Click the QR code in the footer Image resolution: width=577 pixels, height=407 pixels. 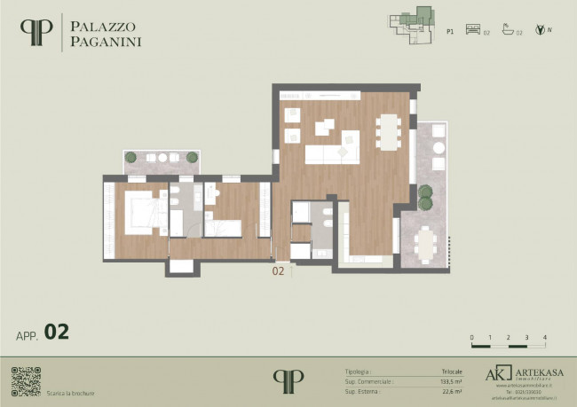(x=26, y=380)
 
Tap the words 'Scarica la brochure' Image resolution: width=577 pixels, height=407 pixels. (x=71, y=393)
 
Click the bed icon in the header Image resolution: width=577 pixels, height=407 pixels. (x=472, y=30)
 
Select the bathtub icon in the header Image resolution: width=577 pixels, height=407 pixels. (x=508, y=30)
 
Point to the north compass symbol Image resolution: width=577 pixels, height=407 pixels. (x=539, y=30)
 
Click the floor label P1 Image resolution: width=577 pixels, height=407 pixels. (x=450, y=30)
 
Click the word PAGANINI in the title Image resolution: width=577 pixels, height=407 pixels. (x=106, y=40)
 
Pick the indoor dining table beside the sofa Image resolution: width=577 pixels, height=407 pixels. (x=388, y=130)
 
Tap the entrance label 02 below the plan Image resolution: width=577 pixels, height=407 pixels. (x=278, y=272)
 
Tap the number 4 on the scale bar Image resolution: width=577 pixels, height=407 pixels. (x=544, y=338)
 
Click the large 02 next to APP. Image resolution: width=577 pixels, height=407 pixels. (x=57, y=333)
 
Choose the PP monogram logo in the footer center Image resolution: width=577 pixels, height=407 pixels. (x=288, y=379)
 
